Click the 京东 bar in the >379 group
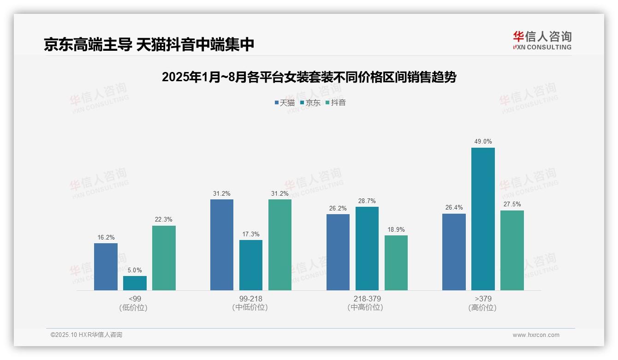[x=483, y=219]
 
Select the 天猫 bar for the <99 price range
[x=106, y=267]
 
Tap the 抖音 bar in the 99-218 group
[x=280, y=245]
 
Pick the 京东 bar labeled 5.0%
[x=135, y=283]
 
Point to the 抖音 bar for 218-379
[x=396, y=263]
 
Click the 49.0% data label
[x=483, y=142]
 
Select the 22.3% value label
[x=164, y=219]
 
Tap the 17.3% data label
[x=251, y=234]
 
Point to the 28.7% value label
[x=367, y=201]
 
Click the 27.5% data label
[x=512, y=204]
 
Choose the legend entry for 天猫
[x=285, y=102]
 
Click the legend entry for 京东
[x=310, y=102]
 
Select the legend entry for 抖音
[x=336, y=102]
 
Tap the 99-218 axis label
[x=251, y=299]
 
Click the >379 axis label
[x=482, y=299]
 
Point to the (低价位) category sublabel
[x=135, y=307]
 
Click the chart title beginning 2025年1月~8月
[x=309, y=77]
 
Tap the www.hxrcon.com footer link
[x=536, y=335]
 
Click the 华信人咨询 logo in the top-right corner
[x=542, y=40]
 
